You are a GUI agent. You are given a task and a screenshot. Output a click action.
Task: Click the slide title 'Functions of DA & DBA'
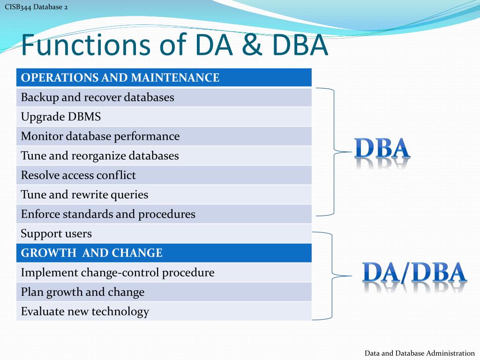click(x=174, y=45)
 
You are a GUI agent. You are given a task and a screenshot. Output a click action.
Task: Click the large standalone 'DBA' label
click(x=382, y=149)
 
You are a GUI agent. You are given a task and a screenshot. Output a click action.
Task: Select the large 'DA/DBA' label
click(x=414, y=273)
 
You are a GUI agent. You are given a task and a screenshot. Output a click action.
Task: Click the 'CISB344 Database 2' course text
click(x=36, y=7)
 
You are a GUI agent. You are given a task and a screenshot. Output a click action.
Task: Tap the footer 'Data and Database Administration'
click(x=420, y=353)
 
